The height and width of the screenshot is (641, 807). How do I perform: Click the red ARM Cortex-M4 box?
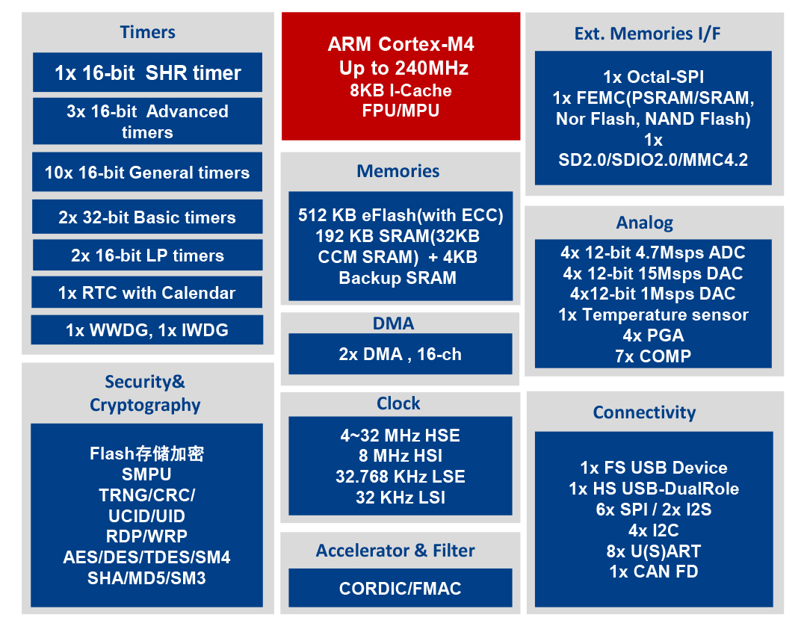click(401, 76)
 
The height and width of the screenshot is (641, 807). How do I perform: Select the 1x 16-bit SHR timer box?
click(148, 72)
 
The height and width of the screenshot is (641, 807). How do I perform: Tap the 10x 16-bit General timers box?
click(147, 172)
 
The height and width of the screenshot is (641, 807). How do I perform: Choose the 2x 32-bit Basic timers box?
click(147, 217)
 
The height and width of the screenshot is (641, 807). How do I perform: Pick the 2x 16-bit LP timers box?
click(148, 255)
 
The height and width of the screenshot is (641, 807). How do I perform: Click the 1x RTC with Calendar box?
click(146, 292)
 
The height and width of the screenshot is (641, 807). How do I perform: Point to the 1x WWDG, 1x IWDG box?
click(147, 329)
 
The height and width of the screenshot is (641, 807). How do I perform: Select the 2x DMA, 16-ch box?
click(401, 354)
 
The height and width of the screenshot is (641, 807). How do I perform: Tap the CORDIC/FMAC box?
click(401, 588)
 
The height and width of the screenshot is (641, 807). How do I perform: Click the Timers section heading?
click(148, 32)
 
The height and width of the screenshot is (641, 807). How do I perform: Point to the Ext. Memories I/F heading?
click(647, 34)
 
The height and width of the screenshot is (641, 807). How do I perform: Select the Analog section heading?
click(645, 223)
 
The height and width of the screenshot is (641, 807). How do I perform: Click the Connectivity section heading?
click(644, 412)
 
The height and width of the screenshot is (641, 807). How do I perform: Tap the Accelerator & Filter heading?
click(395, 551)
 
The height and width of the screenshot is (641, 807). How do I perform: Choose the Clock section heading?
click(398, 403)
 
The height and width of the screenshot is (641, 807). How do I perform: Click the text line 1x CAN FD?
click(654, 572)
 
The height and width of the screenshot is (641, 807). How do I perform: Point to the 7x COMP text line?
click(653, 356)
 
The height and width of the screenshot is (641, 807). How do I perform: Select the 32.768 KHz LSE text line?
click(401, 477)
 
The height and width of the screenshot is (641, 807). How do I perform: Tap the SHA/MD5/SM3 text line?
click(146, 578)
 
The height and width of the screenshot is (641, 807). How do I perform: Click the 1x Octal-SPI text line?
click(654, 77)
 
